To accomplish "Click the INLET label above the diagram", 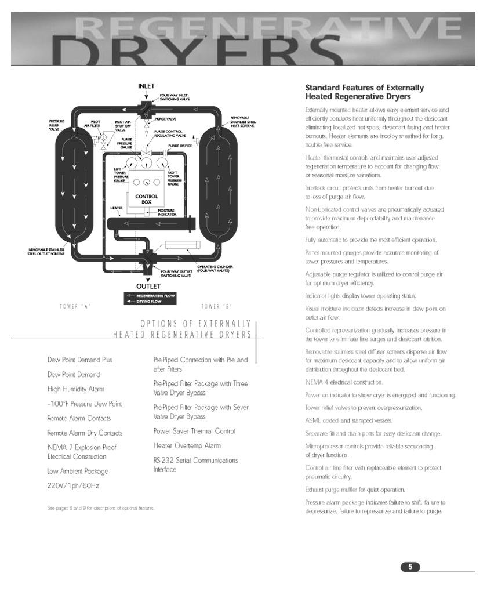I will tap(146, 86).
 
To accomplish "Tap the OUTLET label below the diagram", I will tap(148, 287).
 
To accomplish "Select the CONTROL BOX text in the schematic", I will tap(146, 199).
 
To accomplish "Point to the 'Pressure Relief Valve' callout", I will tap(56, 125).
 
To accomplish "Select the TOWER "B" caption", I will tap(217, 306).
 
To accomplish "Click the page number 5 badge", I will tap(410, 567).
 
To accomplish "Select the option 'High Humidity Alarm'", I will tap(75, 389).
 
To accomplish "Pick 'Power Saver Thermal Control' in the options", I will tap(194, 431).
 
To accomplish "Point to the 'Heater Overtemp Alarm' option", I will tap(187, 445).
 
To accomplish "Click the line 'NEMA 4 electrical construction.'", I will tap(344, 382).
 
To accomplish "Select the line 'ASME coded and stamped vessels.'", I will tap(348, 420).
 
